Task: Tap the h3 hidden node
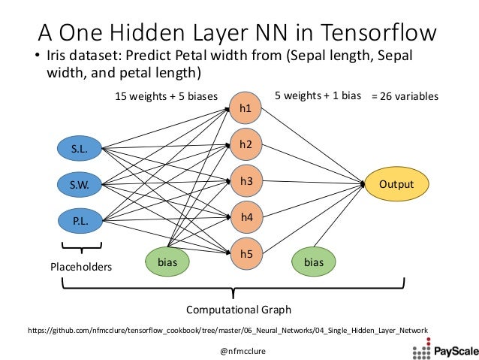coord(246,181)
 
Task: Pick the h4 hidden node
coord(246,217)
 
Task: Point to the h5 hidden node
coord(246,253)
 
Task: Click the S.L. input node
coord(80,149)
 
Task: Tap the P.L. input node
coord(80,221)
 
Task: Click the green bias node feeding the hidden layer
coord(167,262)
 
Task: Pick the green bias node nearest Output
coord(314,262)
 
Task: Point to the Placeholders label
coord(80,267)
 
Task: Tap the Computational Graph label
coord(238,310)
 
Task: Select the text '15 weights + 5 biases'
coord(166,97)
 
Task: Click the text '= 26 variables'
coord(405,97)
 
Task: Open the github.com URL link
coord(227,330)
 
